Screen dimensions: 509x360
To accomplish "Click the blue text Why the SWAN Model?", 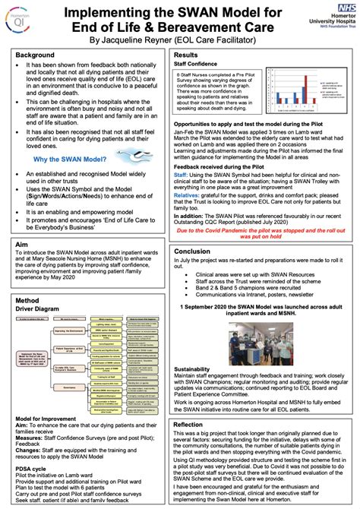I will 68,180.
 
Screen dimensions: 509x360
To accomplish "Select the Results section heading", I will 187,56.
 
